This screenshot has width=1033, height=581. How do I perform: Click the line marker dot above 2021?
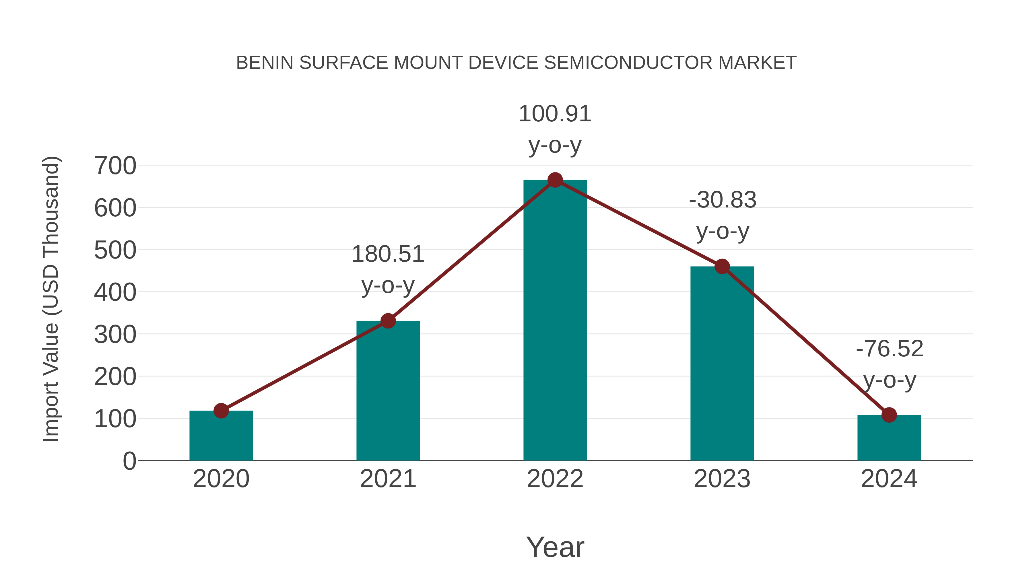pyautogui.click(x=388, y=321)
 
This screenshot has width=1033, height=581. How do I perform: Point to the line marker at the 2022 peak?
pyautogui.click(x=555, y=180)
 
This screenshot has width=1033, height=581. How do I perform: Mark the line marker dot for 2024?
pyautogui.click(x=889, y=415)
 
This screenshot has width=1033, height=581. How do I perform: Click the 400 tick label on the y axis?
pyautogui.click(x=115, y=292)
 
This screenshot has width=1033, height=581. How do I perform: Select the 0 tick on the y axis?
pyautogui.click(x=129, y=461)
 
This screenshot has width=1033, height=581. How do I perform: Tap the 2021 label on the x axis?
pyautogui.click(x=388, y=479)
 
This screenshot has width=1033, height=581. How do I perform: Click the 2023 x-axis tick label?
pyautogui.click(x=722, y=479)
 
